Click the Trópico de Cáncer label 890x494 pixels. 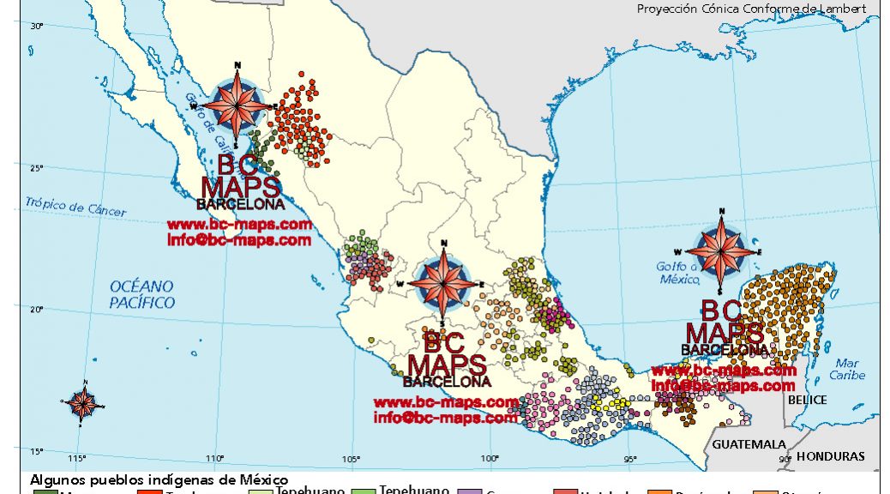click(x=75, y=207)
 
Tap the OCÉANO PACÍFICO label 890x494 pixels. click(x=141, y=294)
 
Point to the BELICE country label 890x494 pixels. click(x=808, y=400)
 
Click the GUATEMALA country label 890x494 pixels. click(x=749, y=444)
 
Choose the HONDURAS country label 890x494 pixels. click(x=830, y=456)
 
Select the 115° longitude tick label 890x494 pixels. click(x=78, y=458)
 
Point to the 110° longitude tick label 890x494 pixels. click(x=214, y=458)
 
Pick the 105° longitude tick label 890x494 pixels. click(x=352, y=458)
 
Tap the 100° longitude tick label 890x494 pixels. click(x=490, y=458)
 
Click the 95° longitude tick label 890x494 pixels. click(x=630, y=458)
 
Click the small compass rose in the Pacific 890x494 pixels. click(x=82, y=403)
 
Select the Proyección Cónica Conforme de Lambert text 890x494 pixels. click(x=751, y=9)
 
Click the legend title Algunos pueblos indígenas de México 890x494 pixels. click(x=159, y=479)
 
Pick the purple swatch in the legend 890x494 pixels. click(x=470, y=491)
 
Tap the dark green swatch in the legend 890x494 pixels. click(x=45, y=491)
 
